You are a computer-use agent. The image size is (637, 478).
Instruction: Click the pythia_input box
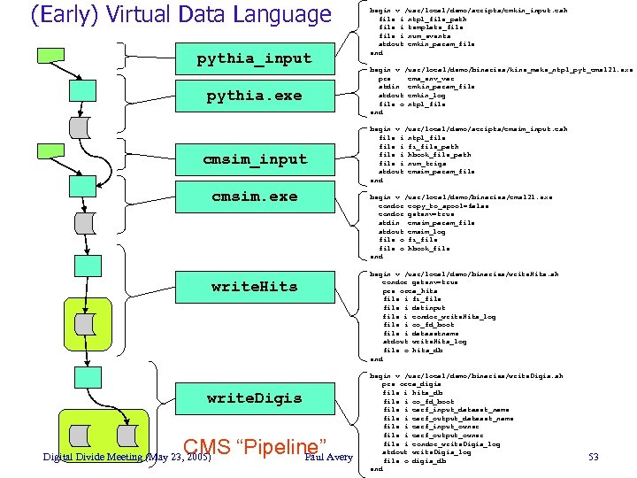click(x=254, y=58)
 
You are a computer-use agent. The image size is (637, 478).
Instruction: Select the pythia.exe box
click(x=254, y=96)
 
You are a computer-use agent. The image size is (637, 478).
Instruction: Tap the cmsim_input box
click(x=254, y=159)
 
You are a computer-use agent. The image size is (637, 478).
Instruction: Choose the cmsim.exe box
click(x=254, y=197)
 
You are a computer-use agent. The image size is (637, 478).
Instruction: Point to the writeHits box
click(x=254, y=287)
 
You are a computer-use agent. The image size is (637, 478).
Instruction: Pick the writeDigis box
click(x=254, y=398)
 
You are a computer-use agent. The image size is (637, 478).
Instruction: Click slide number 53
click(x=595, y=457)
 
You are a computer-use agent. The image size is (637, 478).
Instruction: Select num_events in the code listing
click(x=428, y=35)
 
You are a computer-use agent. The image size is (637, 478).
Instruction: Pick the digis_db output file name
click(x=428, y=460)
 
